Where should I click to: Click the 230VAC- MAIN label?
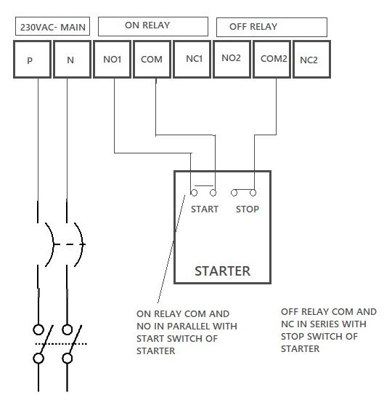point(53,27)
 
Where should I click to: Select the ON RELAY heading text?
point(147,25)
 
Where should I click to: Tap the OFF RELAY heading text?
point(253,26)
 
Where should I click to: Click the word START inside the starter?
point(205,209)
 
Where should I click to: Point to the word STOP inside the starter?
point(248,209)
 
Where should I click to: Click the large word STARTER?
point(223,271)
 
